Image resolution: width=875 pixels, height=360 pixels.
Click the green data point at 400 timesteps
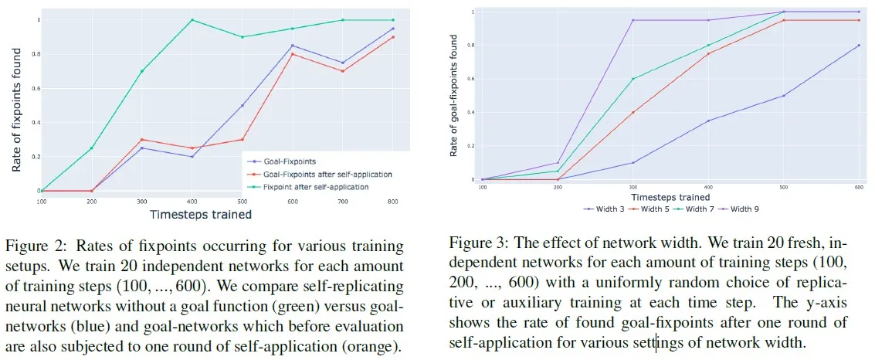pos(192,20)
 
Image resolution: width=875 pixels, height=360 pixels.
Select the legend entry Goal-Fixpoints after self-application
pos(327,174)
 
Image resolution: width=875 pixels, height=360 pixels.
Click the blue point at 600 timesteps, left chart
pos(293,46)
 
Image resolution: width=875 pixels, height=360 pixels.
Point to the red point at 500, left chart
pos(242,140)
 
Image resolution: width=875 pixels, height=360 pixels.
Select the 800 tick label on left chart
pos(393,202)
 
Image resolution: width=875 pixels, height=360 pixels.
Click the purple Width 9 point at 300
pos(633,20)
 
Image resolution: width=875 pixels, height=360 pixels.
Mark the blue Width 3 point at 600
pos(859,46)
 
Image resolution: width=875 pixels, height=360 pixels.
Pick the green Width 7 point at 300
pos(633,79)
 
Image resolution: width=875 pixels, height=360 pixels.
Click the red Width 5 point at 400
pos(708,53)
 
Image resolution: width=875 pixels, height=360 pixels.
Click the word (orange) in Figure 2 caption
pos(371,345)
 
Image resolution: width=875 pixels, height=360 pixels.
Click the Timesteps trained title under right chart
pos(670,197)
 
